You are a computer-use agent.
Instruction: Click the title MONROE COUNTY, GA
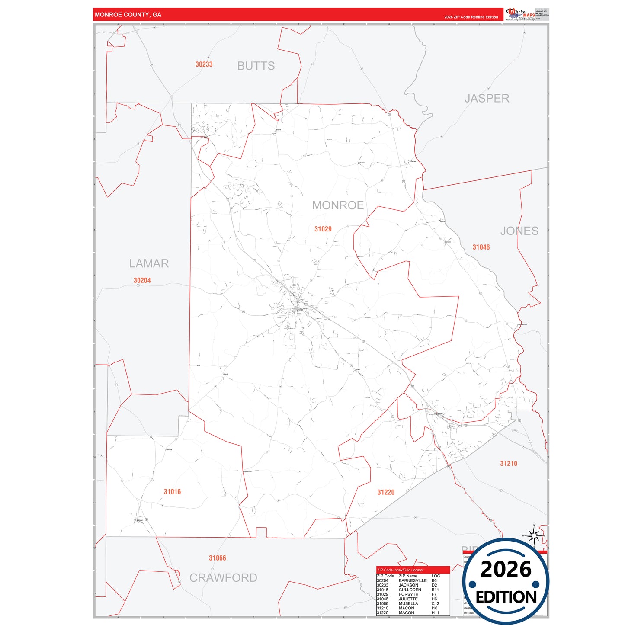[128, 15]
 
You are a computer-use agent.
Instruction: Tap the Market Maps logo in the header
[520, 14]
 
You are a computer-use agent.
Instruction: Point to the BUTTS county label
[256, 66]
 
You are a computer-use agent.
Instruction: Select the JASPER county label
[487, 99]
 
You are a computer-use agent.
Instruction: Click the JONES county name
[519, 231]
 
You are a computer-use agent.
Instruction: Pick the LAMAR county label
[149, 263]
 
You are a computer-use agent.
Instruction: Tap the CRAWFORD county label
[223, 578]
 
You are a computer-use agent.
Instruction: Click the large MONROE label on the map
[338, 205]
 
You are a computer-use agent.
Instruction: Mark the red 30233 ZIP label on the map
[204, 64]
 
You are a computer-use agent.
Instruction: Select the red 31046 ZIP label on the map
[481, 247]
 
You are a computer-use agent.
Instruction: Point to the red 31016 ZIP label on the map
[172, 492]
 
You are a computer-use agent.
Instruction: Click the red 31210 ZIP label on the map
[509, 464]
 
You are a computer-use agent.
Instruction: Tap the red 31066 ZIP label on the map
[217, 558]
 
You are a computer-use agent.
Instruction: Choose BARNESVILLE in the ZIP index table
[412, 581]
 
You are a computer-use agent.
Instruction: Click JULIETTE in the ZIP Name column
[408, 599]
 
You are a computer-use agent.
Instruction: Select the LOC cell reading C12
[434, 604]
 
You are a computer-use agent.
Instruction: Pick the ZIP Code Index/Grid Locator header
[400, 570]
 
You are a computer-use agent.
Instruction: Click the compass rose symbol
[534, 536]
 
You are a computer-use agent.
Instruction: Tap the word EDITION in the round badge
[506, 597]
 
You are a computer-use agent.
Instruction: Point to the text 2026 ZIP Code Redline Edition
[471, 17]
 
